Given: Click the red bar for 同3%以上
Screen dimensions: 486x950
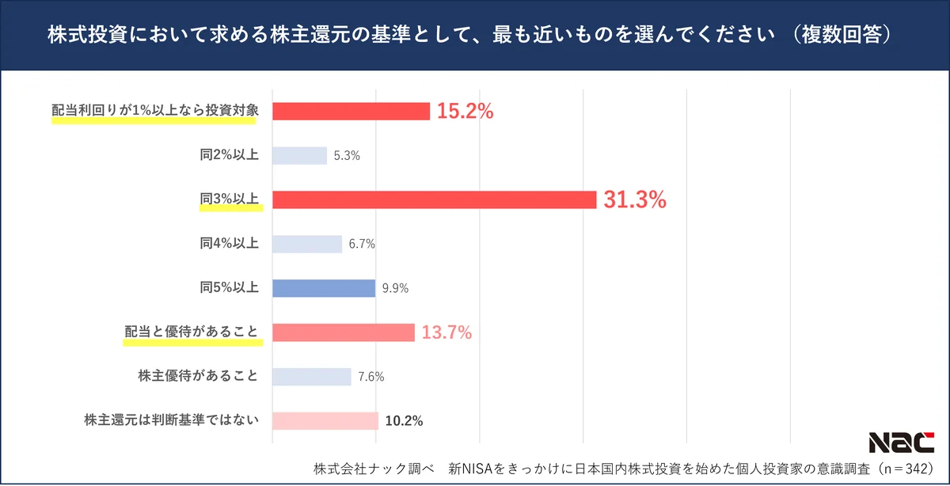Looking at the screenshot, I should (x=434, y=200).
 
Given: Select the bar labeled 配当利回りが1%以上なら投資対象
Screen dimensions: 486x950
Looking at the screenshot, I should (x=351, y=112).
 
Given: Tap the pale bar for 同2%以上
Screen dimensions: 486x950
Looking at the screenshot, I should (x=299, y=156).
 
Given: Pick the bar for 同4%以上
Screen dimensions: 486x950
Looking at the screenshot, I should (x=307, y=245).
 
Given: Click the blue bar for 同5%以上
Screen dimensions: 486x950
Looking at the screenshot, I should (x=324, y=289).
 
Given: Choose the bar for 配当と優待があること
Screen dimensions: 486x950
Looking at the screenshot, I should (x=344, y=332).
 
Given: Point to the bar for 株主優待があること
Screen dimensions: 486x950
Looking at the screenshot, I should (x=312, y=377).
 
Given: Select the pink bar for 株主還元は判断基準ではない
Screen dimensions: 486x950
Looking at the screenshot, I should (x=325, y=421).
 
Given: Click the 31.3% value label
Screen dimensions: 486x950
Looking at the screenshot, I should (x=635, y=201).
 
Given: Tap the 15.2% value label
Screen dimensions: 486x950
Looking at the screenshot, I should (x=465, y=112).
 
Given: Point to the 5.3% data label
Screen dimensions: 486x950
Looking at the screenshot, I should (x=347, y=157).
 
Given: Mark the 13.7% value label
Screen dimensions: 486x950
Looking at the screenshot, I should (x=446, y=333).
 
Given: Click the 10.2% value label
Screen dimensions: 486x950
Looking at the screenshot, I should (x=404, y=421).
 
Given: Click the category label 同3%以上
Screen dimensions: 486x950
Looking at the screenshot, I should (x=230, y=199).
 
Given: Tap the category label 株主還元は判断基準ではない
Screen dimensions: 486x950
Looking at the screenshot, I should (x=172, y=420).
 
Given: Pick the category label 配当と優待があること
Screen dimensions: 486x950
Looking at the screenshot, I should (x=192, y=332).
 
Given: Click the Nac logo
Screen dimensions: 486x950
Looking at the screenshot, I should (x=901, y=442).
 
